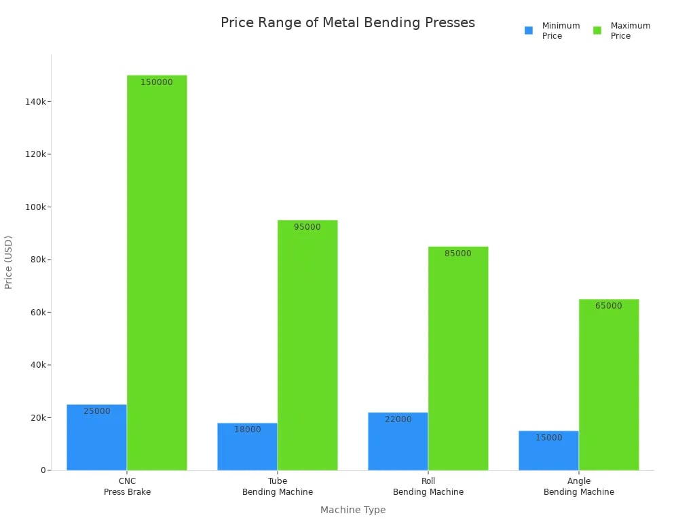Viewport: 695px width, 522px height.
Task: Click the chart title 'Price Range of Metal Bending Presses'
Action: click(347, 22)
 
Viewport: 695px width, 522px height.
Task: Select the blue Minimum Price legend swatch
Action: click(529, 31)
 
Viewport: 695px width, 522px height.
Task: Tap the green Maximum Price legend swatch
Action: click(597, 31)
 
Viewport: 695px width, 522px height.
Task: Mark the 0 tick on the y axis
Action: click(42, 470)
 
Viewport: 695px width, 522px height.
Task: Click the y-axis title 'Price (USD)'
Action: click(9, 262)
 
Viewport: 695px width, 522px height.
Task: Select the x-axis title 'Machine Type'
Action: click(352, 510)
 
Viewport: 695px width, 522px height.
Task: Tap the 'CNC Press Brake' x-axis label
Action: click(127, 487)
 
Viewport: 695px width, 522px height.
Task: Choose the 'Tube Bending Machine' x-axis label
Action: click(278, 487)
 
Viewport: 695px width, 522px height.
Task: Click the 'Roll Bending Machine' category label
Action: click(428, 487)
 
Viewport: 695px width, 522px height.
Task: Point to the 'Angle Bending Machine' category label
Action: click(579, 487)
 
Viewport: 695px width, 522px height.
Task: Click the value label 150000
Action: click(157, 82)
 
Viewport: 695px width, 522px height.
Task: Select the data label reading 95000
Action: click(307, 227)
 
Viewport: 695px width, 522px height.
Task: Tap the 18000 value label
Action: click(248, 430)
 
